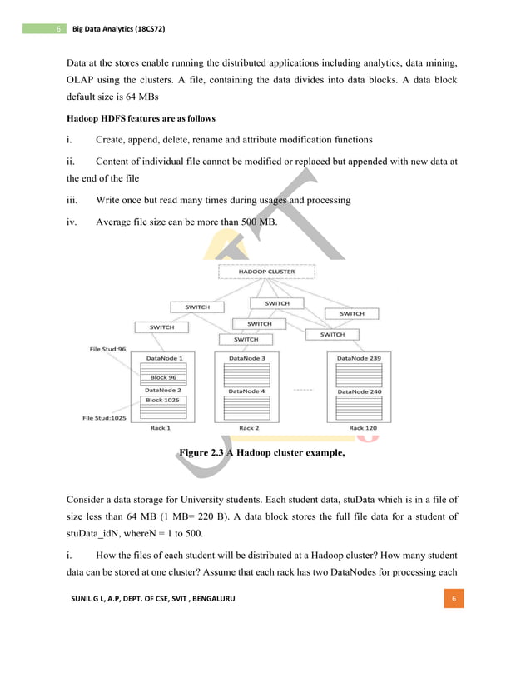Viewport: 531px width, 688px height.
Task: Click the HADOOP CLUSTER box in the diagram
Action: [266, 272]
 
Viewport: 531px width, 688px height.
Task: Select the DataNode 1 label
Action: [164, 357]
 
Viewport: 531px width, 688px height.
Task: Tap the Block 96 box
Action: [163, 376]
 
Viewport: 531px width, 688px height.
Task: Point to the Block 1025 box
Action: [163, 400]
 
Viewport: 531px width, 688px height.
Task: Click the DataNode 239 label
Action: [359, 357]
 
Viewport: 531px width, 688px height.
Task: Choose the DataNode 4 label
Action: [246, 391]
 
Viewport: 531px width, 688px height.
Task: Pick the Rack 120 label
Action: [362, 428]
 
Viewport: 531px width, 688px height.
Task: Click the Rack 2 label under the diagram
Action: [247, 428]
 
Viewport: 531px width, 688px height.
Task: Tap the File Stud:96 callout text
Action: [107, 348]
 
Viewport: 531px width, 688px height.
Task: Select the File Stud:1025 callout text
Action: [104, 418]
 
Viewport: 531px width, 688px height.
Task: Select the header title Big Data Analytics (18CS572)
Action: [119, 29]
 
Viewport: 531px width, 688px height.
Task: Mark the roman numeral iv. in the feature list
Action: [72, 222]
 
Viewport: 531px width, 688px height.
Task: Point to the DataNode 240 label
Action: [359, 391]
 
